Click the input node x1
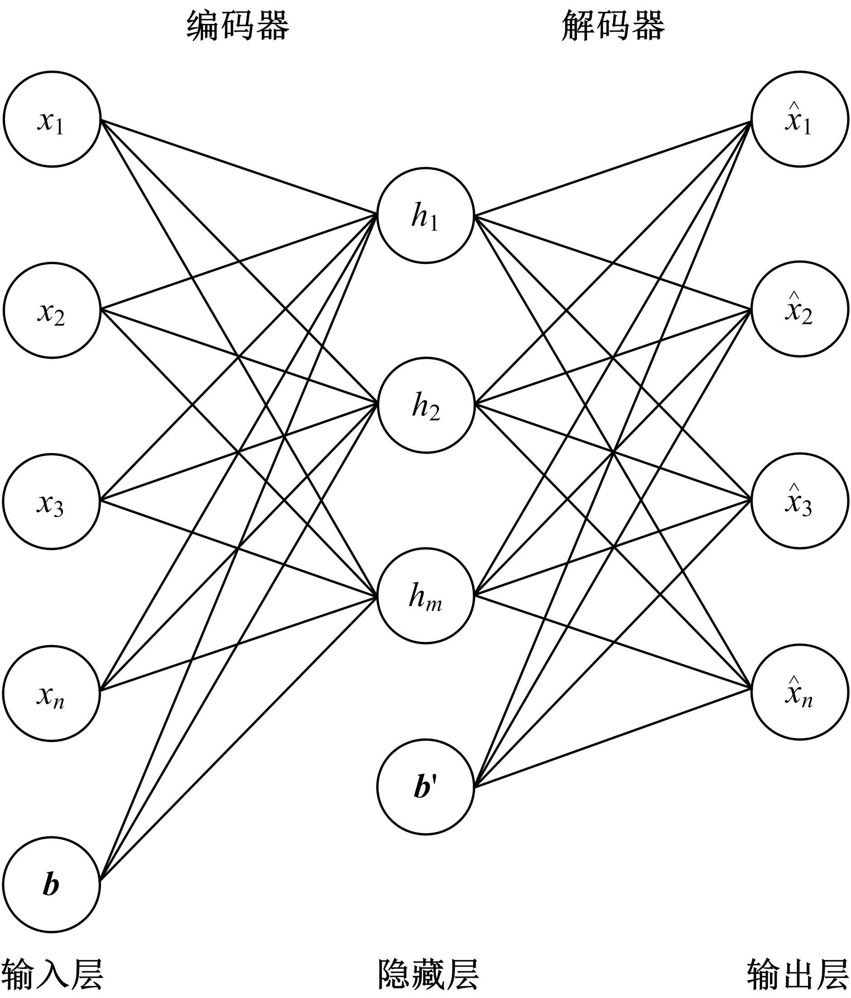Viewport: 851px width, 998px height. [52, 119]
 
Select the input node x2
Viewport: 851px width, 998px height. [52, 310]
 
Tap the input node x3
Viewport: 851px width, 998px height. [52, 501]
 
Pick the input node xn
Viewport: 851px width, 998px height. [52, 693]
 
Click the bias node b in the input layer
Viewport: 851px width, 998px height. [52, 884]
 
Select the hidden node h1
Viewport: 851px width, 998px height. [425, 215]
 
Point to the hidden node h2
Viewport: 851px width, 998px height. [425, 405]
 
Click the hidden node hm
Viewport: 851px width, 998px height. [425, 596]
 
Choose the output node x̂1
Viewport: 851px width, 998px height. [799, 119]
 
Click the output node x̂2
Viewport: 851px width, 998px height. [799, 309]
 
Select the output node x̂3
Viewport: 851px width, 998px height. [799, 501]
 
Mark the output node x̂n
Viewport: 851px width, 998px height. [799, 692]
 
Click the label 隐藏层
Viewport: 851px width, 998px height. [427, 974]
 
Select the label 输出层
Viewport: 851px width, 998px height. [798, 974]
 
